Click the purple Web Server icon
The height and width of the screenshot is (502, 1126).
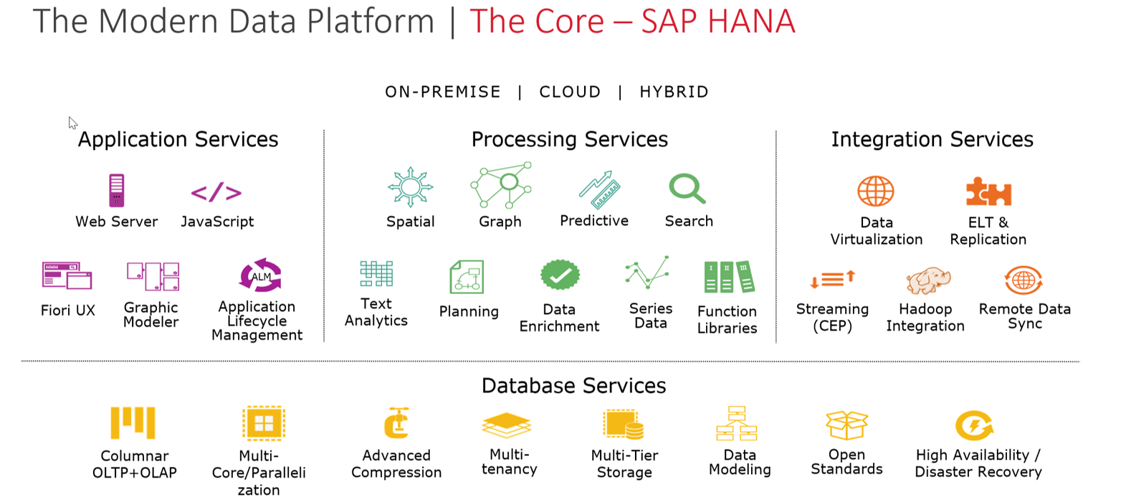117,190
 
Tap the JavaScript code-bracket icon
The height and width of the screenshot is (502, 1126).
216,192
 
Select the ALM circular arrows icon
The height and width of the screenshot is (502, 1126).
261,275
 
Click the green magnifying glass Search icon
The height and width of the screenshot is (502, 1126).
687,189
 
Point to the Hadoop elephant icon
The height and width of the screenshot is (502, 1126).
928,280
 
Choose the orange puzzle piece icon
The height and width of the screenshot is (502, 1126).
989,191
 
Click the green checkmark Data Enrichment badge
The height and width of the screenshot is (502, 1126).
560,275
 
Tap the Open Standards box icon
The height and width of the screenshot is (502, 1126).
846,425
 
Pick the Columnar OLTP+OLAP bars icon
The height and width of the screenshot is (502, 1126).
133,422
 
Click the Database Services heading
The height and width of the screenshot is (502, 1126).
573,386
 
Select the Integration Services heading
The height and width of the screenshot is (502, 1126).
932,139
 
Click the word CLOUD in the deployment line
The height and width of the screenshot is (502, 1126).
570,92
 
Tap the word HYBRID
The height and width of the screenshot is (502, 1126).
674,92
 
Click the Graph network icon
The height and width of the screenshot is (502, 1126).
501,185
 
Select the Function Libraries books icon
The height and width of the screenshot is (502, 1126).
730,277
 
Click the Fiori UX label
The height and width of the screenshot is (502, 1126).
68,311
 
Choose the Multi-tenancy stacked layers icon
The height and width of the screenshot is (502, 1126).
506,425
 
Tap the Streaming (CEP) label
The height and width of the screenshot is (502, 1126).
832,318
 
